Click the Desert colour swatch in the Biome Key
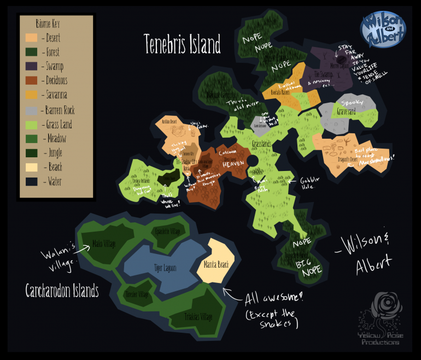coord(31,38)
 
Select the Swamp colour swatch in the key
coord(31,67)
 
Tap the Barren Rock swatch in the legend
coord(31,110)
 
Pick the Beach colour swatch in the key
coord(31,167)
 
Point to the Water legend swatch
coord(31,181)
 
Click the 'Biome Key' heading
coord(48,23)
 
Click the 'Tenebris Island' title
coord(182,44)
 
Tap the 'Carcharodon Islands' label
coord(62,291)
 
